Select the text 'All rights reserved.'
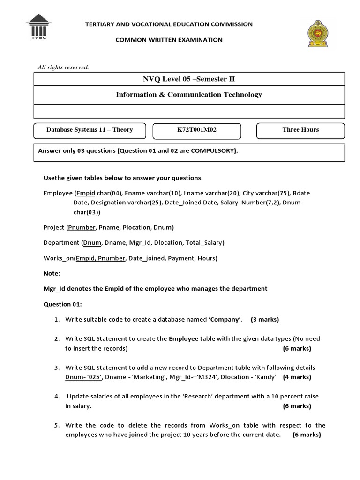coord(63,67)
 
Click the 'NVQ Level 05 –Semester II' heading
coord(189,78)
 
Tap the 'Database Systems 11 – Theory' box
coord(90,130)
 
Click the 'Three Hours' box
coord(300,130)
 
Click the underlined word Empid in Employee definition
coord(85,193)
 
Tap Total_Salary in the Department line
coord(205,243)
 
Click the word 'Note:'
coord(52,273)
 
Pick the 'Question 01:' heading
coord(62,304)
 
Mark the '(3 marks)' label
coord(265,320)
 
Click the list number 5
coord(56,426)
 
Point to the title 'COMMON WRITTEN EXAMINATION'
coord(169,40)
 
